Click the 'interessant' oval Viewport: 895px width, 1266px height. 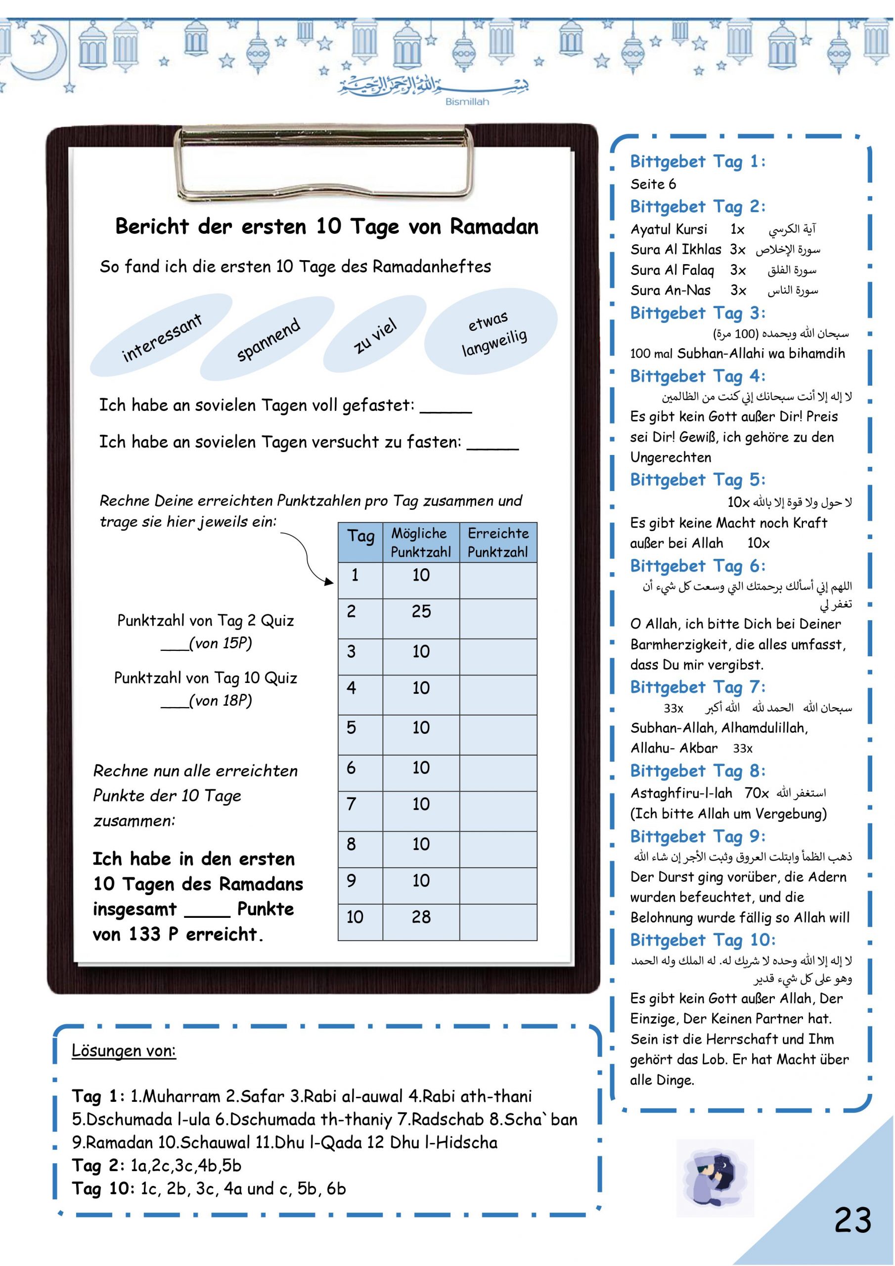coord(162,337)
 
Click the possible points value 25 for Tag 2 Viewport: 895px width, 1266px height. coord(421,612)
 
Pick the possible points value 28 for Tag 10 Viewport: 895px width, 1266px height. coord(421,917)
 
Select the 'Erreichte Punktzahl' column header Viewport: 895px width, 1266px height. coord(498,542)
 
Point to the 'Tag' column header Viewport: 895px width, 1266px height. coord(360,537)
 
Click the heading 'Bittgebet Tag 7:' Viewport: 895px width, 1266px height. coord(697,687)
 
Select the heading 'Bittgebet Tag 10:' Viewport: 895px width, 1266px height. coord(703,940)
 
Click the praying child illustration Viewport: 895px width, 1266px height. coord(715,1176)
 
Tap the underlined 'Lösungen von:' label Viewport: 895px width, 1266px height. coord(124,1051)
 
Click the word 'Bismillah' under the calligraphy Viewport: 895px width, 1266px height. coord(466,102)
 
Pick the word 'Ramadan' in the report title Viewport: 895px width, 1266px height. coord(493,226)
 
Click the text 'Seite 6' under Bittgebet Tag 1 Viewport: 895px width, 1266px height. coord(653,184)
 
